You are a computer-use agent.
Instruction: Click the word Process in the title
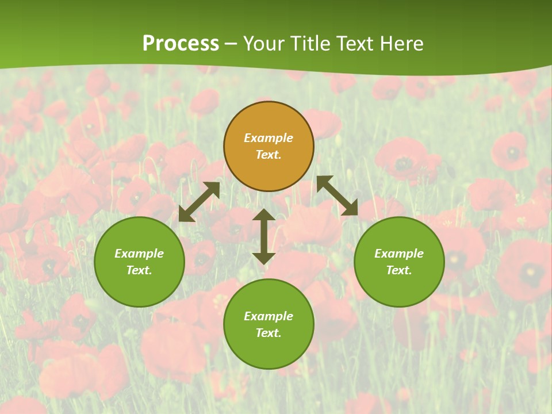181,44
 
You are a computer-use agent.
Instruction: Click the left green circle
139,262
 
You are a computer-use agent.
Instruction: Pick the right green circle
399,262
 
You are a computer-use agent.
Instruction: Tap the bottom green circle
269,324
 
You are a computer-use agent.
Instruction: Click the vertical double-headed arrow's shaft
264,236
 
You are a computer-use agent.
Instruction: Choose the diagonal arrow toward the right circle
337,195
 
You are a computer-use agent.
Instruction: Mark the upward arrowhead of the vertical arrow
264,215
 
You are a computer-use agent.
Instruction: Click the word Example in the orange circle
269,138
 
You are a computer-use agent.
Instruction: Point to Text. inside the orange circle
269,155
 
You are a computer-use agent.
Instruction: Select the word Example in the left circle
139,254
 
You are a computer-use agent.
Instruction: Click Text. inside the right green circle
399,270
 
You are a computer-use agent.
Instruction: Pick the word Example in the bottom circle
269,316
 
